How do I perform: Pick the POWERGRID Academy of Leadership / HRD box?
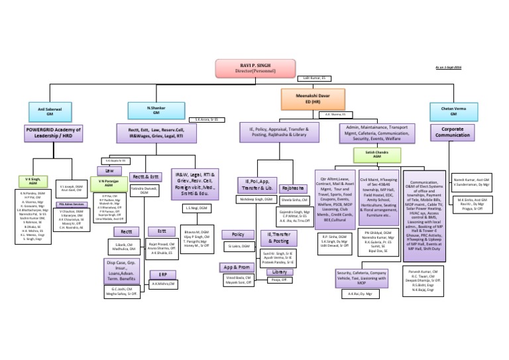pos(55,133)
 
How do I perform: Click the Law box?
pos(109,170)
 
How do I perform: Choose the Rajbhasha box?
pos(292,188)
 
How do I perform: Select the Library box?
pos(280,272)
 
